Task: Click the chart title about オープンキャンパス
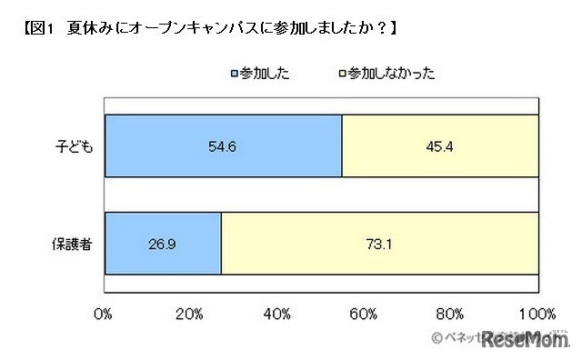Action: [209, 28]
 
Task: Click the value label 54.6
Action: [222, 145]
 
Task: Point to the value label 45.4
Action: [441, 145]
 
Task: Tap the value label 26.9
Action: [164, 243]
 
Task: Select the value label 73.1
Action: [382, 243]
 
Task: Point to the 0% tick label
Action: [103, 314]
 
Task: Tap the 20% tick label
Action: [189, 314]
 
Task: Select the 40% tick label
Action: [276, 314]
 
